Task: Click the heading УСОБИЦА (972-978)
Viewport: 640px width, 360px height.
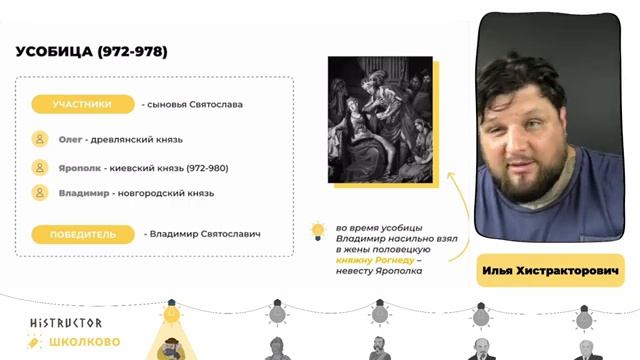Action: tap(91, 51)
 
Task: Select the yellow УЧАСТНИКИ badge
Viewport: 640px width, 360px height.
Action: tap(82, 104)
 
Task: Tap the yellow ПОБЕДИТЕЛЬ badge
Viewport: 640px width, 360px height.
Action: tap(82, 234)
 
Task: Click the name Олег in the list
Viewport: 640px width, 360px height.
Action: tap(70, 140)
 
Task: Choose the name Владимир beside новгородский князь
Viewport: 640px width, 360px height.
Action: tap(82, 193)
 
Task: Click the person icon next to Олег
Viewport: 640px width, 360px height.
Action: tap(40, 140)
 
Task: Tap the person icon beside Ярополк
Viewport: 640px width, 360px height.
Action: tap(40, 167)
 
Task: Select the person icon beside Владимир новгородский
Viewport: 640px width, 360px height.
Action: tap(40, 193)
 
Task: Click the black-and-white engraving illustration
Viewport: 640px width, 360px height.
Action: tap(380, 119)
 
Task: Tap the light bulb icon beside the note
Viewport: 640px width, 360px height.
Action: tap(318, 231)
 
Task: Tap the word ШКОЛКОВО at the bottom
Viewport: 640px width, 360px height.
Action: tap(84, 342)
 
